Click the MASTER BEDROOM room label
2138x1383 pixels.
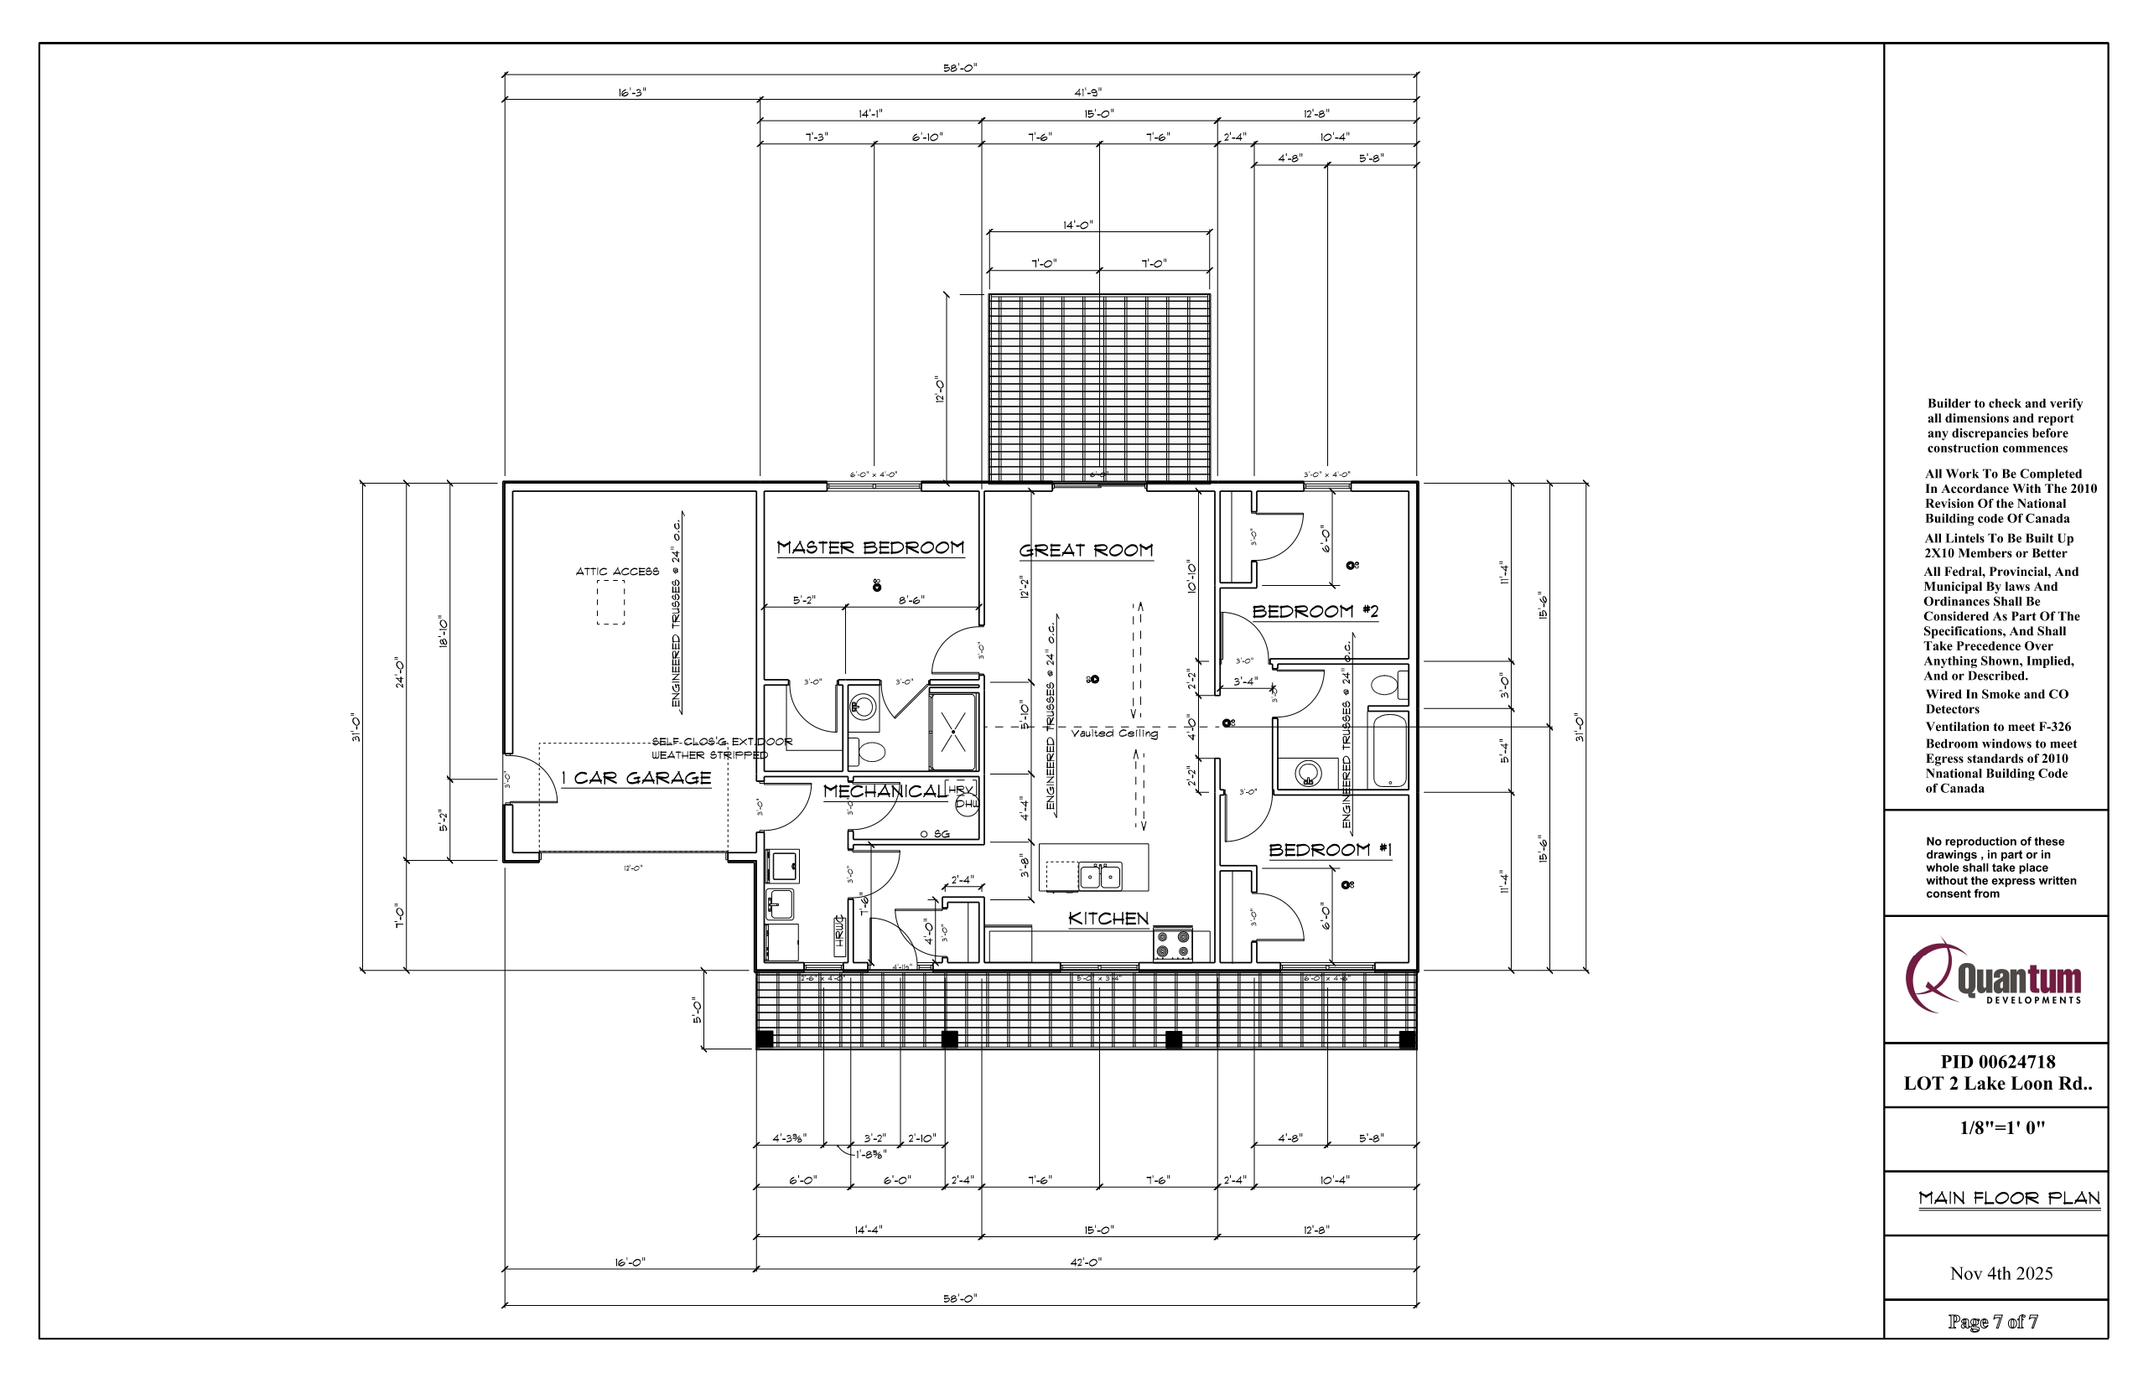(869, 548)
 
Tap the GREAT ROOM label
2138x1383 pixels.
(1085, 551)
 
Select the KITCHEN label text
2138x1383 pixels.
(1108, 919)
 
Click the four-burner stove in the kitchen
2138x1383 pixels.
(1172, 944)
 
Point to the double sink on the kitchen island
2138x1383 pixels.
(1099, 876)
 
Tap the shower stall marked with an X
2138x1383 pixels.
(953, 732)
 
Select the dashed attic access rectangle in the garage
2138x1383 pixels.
(611, 602)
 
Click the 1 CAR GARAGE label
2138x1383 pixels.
(636, 779)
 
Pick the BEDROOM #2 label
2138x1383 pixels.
(1315, 612)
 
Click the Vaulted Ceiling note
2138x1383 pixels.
(1114, 733)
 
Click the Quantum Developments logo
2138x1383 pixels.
(1994, 978)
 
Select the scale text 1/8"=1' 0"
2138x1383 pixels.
(2001, 1128)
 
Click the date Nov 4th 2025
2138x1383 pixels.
(2000, 1273)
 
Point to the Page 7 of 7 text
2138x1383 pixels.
(1992, 1322)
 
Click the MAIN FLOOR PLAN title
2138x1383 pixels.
(2009, 1198)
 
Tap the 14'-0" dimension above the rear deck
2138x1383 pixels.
(1077, 225)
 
